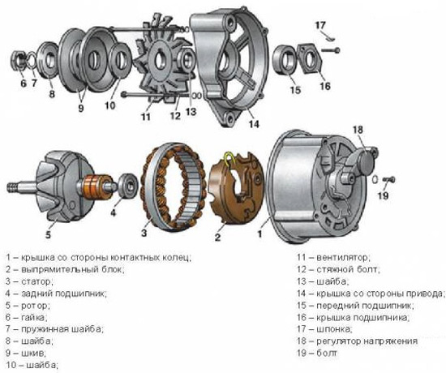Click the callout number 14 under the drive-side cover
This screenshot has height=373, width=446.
click(x=254, y=125)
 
